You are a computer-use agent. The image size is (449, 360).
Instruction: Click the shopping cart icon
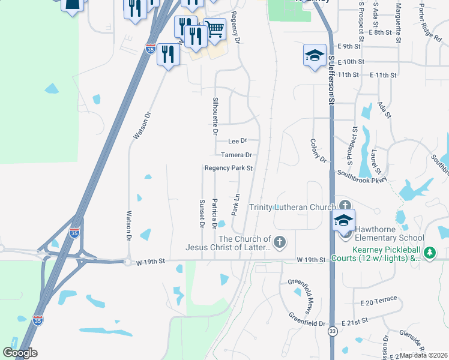[x=214, y=28]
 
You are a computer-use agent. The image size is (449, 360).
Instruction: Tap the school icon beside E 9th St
[x=314, y=55]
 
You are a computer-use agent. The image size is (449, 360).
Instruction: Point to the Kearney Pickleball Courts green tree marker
[x=430, y=253]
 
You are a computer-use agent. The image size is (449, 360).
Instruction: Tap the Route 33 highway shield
[x=332, y=331]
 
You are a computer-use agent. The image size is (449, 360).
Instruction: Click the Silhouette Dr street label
[x=215, y=113]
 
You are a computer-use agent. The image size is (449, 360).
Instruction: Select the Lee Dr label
[x=238, y=141]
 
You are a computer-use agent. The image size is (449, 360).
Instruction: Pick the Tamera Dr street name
[x=235, y=155]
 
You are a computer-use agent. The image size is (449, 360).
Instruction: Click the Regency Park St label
[x=229, y=169]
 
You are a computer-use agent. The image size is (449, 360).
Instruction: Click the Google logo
[x=20, y=352]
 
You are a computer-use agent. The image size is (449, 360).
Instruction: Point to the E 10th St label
[x=351, y=62]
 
